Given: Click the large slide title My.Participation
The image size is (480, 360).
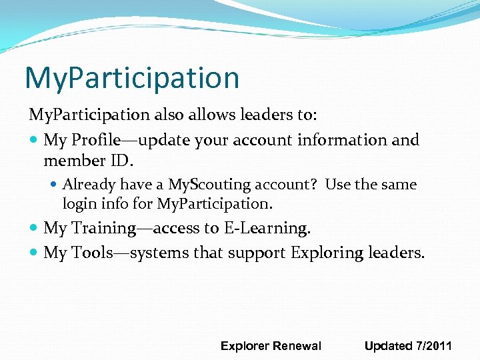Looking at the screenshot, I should click(x=131, y=77).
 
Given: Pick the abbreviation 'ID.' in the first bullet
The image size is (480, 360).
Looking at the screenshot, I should click(x=124, y=161).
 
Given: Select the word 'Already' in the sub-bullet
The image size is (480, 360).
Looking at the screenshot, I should click(x=89, y=185).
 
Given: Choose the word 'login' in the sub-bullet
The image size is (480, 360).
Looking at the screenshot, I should click(x=79, y=203).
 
